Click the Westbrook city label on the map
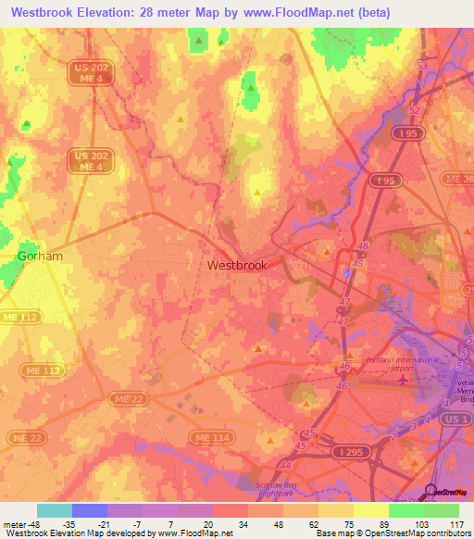[237, 265]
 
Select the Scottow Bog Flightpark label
[283, 488]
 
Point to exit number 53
[423, 67]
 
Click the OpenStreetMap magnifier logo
[430, 492]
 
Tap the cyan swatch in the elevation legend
[55, 510]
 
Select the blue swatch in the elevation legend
[90, 510]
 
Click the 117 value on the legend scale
[455, 523]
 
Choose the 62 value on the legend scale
[314, 523]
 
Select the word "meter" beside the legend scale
[16, 523]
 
